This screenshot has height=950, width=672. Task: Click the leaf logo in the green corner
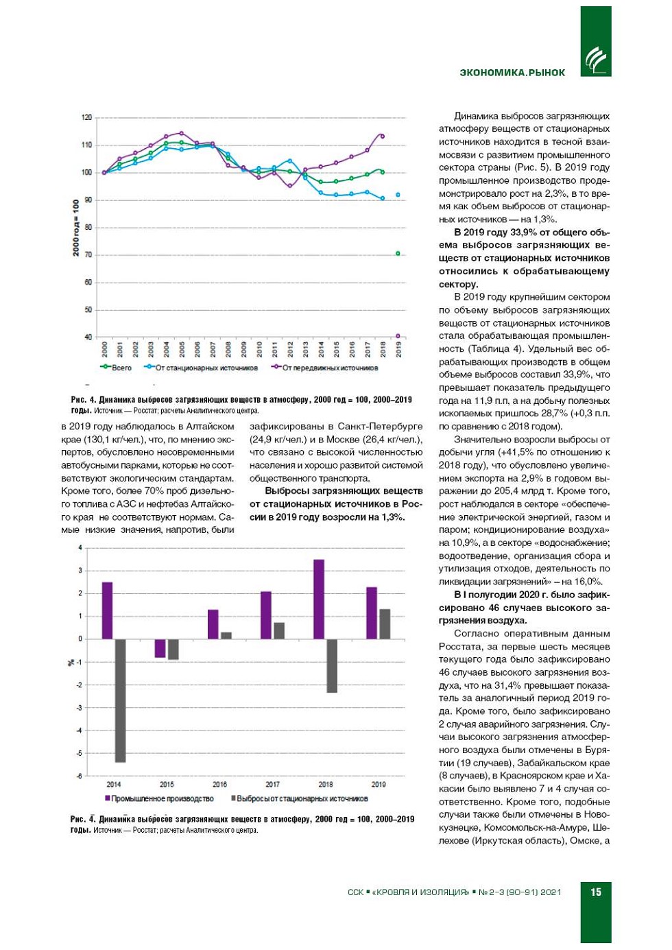[x=595, y=59]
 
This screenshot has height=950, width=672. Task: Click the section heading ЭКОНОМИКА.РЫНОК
[x=512, y=73]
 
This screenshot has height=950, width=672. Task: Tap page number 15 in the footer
[x=596, y=892]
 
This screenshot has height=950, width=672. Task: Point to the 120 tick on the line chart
[x=87, y=117]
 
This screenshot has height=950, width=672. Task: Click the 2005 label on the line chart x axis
[x=182, y=349]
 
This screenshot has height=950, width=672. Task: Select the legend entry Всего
[x=117, y=368]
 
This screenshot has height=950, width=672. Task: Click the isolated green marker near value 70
[x=398, y=253]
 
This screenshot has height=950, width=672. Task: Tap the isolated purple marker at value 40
[x=398, y=336]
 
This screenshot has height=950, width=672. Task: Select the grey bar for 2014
[x=120, y=700]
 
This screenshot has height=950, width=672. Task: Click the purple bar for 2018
[x=319, y=599]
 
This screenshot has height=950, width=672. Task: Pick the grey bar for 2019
[x=385, y=624]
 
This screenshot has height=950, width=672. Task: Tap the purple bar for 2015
[x=160, y=648]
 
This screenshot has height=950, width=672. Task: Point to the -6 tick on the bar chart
[x=80, y=776]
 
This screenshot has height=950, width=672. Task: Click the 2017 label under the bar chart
[x=272, y=784]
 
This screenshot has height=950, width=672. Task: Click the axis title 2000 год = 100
[x=76, y=228]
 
